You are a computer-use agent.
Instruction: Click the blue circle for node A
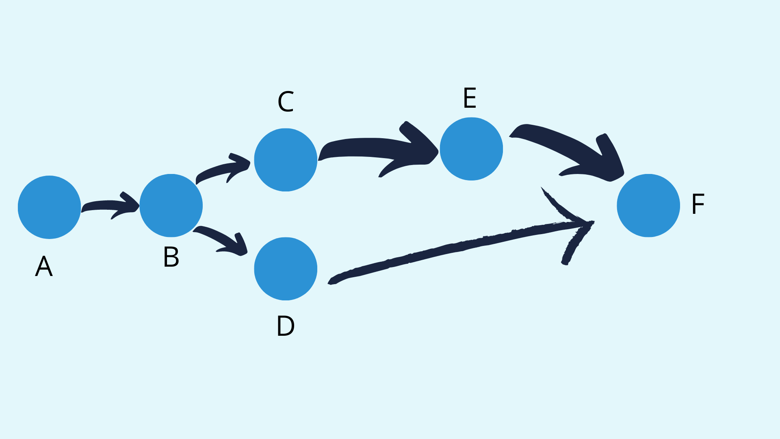click(x=49, y=207)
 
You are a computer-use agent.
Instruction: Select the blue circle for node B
click(x=171, y=206)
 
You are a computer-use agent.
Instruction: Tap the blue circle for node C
click(x=286, y=160)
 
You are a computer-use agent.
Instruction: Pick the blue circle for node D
click(x=286, y=269)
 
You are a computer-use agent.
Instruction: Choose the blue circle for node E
click(x=471, y=149)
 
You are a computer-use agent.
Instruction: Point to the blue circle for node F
click(x=648, y=206)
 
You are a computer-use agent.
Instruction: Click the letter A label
click(x=44, y=267)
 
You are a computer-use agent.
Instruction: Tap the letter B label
click(x=171, y=257)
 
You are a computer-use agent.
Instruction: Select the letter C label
click(x=286, y=102)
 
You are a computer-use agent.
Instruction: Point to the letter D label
click(x=286, y=326)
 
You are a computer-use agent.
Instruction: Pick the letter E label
click(x=470, y=98)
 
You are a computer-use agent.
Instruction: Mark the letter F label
click(x=698, y=204)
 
